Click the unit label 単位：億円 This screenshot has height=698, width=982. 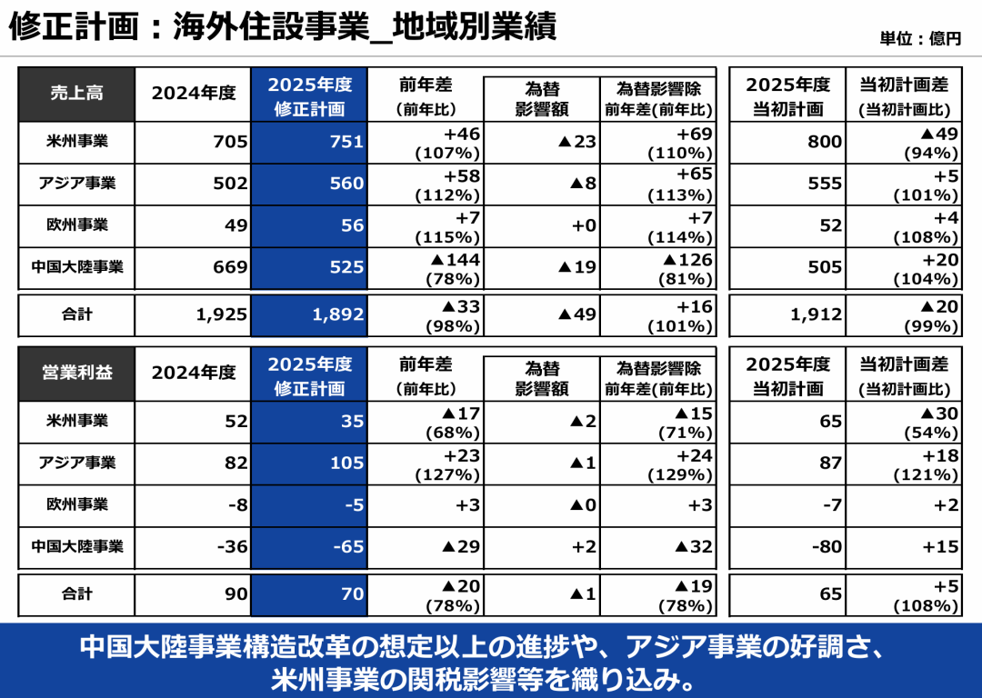tap(920, 39)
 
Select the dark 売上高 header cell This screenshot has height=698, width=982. tap(76, 93)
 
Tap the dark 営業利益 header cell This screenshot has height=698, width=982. tap(76, 373)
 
